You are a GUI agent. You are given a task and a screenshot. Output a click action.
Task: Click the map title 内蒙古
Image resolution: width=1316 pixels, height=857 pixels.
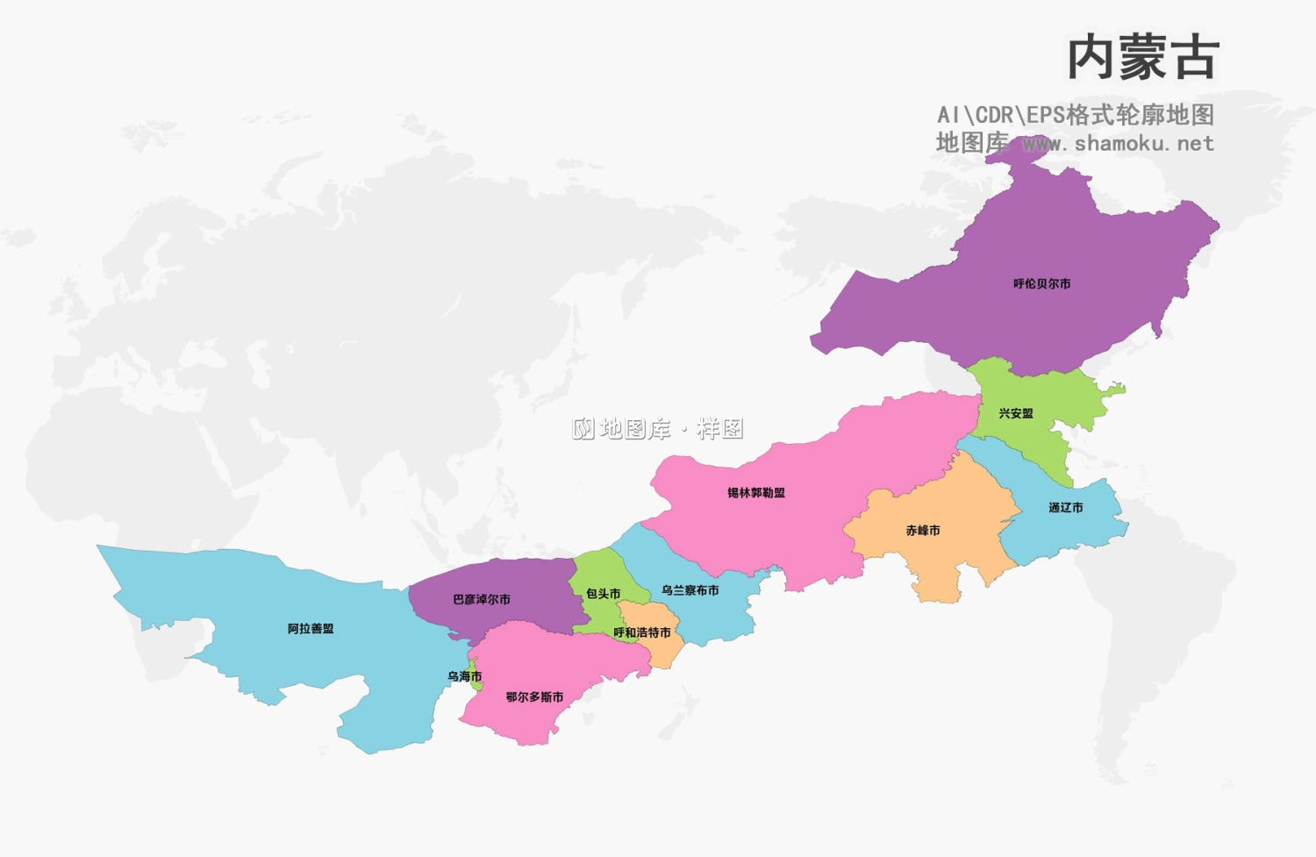tap(1142, 58)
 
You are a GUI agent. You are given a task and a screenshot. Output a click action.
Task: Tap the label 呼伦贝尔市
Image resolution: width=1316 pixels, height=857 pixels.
tap(1041, 284)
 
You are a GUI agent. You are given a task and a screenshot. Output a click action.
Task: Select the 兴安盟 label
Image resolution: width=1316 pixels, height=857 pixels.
tap(1016, 413)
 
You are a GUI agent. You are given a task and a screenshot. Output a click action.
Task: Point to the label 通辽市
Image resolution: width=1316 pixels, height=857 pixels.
tap(1065, 508)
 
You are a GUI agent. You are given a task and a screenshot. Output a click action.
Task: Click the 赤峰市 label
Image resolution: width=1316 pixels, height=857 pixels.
tap(923, 531)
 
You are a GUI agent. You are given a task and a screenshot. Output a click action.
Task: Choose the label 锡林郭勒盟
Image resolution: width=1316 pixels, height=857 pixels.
tap(756, 493)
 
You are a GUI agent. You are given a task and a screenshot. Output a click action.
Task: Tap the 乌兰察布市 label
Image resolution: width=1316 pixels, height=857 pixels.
tap(690, 590)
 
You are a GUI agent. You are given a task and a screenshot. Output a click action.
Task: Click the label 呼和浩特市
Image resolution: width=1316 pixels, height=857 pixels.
tap(642, 632)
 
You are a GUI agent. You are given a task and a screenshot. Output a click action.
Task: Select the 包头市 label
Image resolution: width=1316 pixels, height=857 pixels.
tap(604, 594)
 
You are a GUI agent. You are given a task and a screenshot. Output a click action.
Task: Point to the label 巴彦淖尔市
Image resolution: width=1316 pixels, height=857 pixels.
tap(482, 600)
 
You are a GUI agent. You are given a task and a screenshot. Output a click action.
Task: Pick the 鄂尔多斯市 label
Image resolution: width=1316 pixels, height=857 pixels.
tap(534, 697)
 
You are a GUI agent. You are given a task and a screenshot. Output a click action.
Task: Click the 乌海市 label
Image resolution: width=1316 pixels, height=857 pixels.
tap(464, 676)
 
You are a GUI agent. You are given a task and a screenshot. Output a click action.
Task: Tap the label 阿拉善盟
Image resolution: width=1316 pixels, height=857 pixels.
tap(311, 629)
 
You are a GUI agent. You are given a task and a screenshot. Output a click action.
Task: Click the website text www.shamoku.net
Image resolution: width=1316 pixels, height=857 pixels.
tap(1119, 144)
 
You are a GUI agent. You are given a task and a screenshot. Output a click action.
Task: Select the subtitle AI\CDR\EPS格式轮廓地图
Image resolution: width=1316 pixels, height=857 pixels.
tap(1076, 115)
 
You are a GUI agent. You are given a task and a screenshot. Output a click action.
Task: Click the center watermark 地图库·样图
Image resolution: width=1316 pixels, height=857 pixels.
tap(658, 429)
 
